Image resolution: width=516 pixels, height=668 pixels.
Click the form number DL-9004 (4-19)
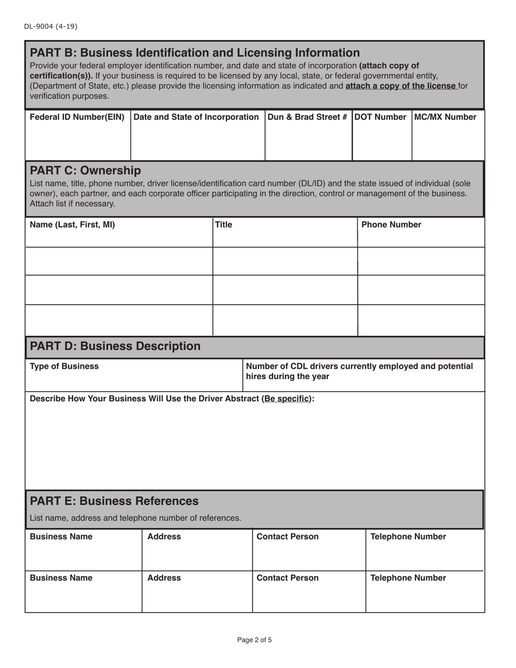[46, 26]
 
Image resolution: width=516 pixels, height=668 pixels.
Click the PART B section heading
[194, 53]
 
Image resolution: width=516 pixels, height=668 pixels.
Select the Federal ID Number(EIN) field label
[77, 117]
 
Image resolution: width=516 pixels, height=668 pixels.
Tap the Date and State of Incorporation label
[196, 117]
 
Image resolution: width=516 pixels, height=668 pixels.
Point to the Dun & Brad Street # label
[307, 117]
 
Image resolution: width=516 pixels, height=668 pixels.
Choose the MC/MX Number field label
[446, 117]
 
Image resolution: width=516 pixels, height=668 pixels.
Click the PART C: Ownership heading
[85, 171]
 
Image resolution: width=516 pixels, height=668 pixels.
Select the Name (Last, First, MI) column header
[72, 225]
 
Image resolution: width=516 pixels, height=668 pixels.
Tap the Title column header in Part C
[224, 225]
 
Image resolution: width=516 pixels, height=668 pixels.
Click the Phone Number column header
[391, 225]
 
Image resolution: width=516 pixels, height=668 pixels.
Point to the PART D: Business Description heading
[115, 346]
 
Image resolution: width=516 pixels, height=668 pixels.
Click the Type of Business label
[64, 366]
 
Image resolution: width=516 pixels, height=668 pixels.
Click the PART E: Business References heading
[114, 500]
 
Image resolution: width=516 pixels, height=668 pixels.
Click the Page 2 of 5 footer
[254, 640]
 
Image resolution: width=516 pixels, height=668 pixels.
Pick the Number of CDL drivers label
[359, 371]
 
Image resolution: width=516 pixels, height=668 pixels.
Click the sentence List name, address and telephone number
[135, 518]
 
